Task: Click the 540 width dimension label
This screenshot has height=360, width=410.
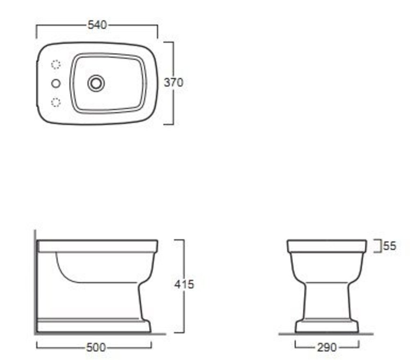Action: point(97,25)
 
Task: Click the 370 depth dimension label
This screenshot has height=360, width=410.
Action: point(173,82)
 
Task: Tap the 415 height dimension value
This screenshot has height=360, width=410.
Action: point(184,285)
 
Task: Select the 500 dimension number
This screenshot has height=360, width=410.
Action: point(96,347)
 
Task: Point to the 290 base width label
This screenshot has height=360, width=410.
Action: point(327,347)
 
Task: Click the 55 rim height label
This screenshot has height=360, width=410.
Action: point(390,246)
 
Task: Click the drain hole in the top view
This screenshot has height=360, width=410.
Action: point(96,83)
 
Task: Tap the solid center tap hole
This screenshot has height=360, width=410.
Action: point(56,83)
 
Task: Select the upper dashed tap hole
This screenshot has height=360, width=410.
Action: point(56,64)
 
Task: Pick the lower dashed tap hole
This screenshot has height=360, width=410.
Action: point(56,102)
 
